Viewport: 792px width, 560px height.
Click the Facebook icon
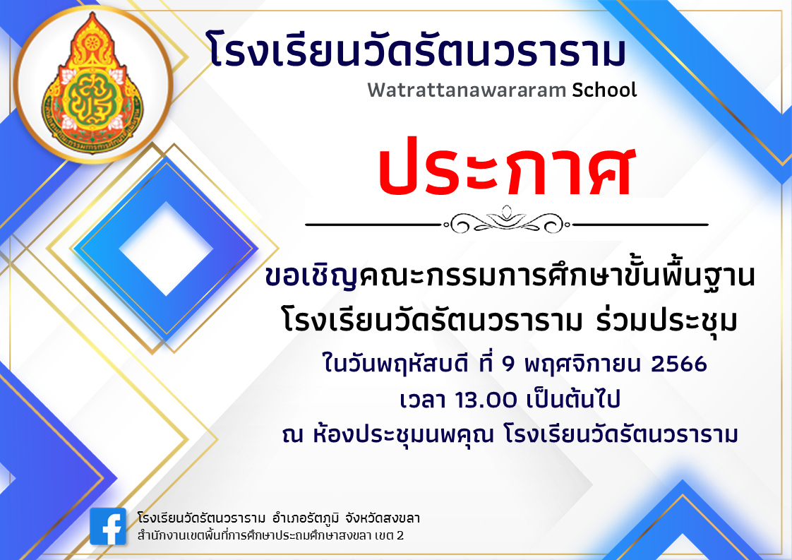point(108,527)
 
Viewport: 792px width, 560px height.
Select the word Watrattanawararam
point(467,90)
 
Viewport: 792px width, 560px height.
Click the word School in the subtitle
point(605,90)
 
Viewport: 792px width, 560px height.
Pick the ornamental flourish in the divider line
point(506,221)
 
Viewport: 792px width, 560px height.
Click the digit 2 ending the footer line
point(400,537)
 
